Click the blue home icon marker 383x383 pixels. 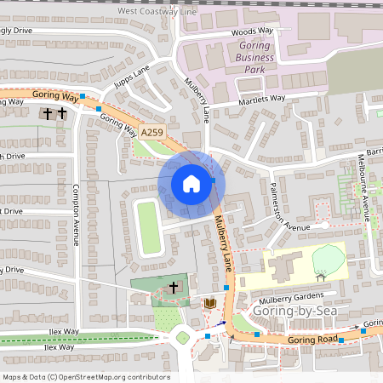tap(191, 184)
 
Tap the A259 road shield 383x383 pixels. tap(151, 132)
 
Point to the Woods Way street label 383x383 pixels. tap(252, 31)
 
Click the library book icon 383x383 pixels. tap(209, 303)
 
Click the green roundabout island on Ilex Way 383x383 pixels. tap(182, 338)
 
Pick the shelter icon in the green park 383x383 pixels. tap(322, 275)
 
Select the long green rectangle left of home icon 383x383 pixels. tap(149, 226)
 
